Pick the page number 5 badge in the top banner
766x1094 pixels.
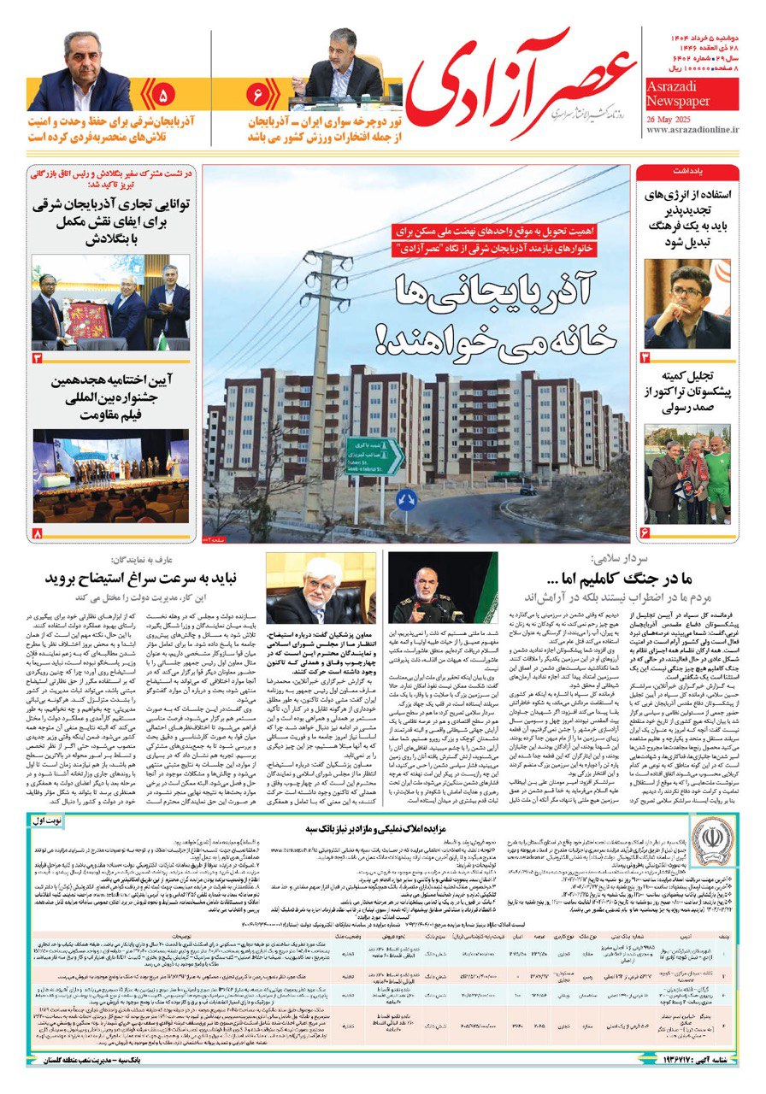[163, 91]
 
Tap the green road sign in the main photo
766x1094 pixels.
[374, 456]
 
